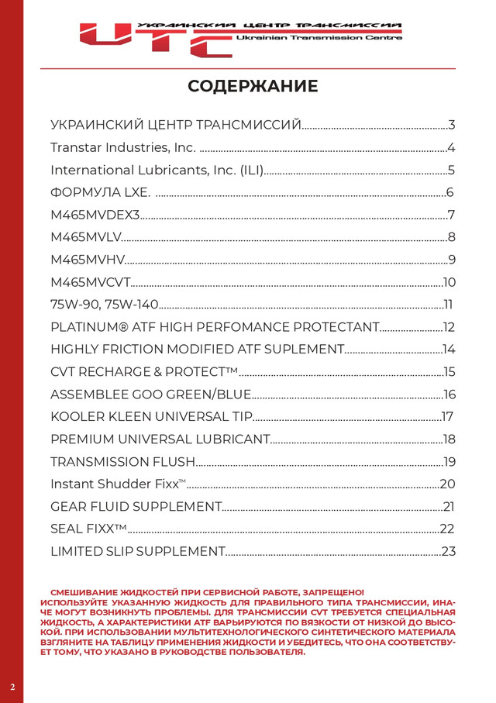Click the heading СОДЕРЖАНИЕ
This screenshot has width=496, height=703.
[x=253, y=86]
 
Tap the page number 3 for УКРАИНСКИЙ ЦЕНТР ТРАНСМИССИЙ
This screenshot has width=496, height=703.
[x=451, y=126]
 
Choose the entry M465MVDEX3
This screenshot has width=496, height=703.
[x=95, y=215]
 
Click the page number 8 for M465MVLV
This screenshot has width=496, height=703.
[x=451, y=238]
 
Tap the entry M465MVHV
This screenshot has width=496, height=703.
[x=87, y=260]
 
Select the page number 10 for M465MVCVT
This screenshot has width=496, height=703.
[x=449, y=282]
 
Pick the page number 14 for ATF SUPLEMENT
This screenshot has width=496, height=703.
[x=449, y=350]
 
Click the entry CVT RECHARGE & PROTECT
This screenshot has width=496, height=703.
[x=143, y=372]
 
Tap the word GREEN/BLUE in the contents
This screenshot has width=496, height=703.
[x=201, y=395]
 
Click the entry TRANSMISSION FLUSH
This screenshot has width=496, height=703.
[x=122, y=462]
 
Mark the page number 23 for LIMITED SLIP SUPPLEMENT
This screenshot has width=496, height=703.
[x=448, y=552]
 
